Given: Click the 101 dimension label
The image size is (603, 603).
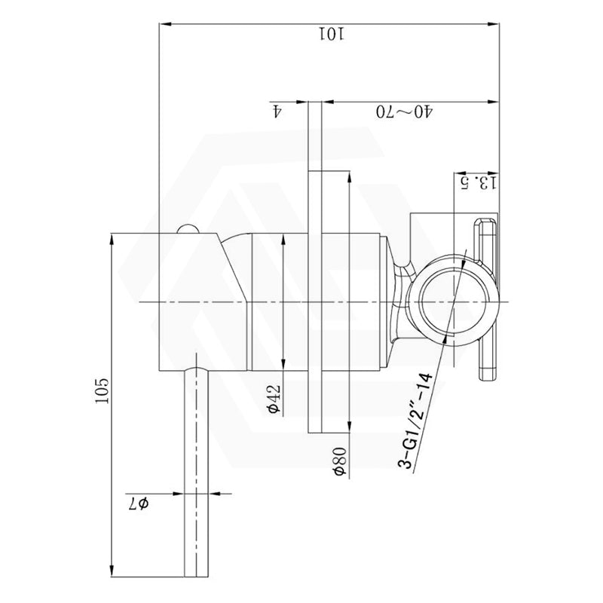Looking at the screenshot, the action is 332,34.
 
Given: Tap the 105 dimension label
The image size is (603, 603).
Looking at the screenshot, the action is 103,390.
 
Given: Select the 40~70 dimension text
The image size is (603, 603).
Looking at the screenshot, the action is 404,112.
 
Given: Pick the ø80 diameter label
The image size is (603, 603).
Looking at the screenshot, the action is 341,461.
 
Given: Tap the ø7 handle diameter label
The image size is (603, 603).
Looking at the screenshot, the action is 139,503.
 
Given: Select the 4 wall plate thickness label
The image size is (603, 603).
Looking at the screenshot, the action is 277,112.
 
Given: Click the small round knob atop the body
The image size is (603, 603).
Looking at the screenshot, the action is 188,228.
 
